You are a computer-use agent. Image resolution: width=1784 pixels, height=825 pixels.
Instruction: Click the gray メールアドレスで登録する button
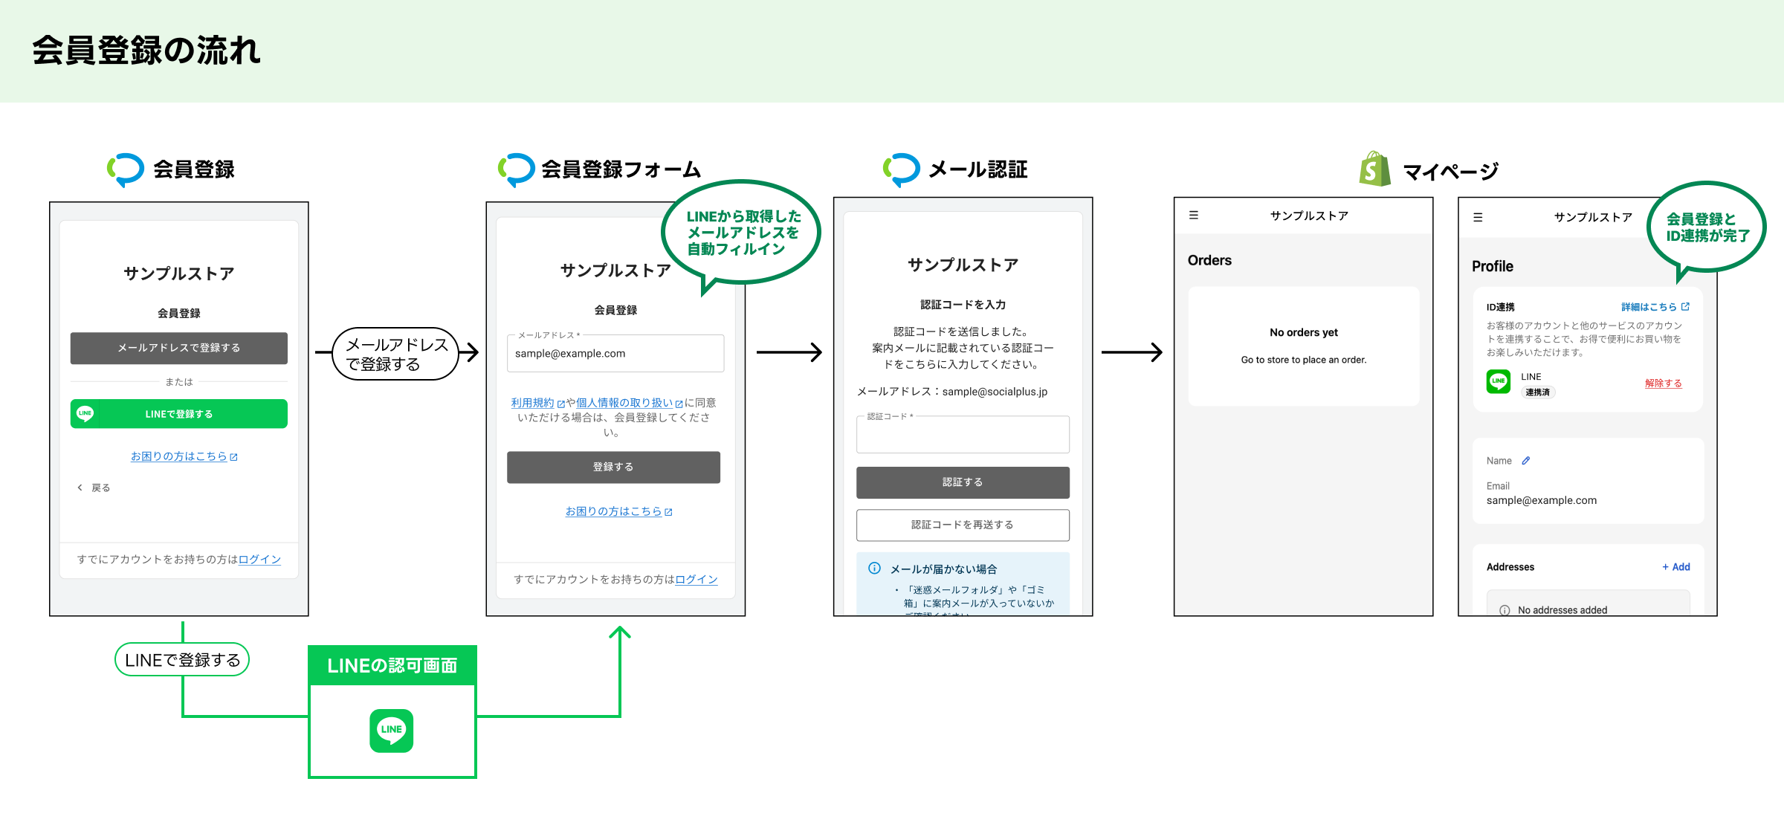[x=178, y=348]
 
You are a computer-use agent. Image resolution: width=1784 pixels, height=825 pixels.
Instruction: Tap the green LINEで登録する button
[x=178, y=414]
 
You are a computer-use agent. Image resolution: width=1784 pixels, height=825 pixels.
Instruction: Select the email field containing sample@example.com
[x=615, y=354]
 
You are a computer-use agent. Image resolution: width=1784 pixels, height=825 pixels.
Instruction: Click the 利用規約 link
[x=533, y=403]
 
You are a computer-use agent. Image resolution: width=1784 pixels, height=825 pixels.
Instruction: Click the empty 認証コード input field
[x=963, y=436]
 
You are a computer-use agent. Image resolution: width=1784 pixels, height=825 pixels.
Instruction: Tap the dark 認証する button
[x=963, y=482]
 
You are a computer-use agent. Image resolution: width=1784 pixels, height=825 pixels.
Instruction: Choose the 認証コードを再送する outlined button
[x=963, y=525]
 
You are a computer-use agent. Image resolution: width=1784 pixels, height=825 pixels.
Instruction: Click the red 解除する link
[x=1663, y=384]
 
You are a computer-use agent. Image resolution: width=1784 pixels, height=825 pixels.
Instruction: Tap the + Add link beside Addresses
[x=1676, y=567]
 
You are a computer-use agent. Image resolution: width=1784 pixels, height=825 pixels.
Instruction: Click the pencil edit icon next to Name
[x=1526, y=461]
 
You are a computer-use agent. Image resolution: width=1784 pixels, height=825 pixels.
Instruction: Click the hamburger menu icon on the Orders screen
[x=1194, y=216]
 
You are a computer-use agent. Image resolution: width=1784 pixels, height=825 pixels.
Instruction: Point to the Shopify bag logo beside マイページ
[x=1374, y=169]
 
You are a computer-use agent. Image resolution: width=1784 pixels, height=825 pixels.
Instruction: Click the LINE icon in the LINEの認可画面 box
[x=392, y=731]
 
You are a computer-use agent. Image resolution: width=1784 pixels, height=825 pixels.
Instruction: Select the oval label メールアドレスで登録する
[x=395, y=354]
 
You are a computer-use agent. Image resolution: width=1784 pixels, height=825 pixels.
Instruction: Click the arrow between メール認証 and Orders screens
[x=1131, y=352]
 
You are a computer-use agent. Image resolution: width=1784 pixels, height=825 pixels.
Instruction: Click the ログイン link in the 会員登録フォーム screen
[x=696, y=580]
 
